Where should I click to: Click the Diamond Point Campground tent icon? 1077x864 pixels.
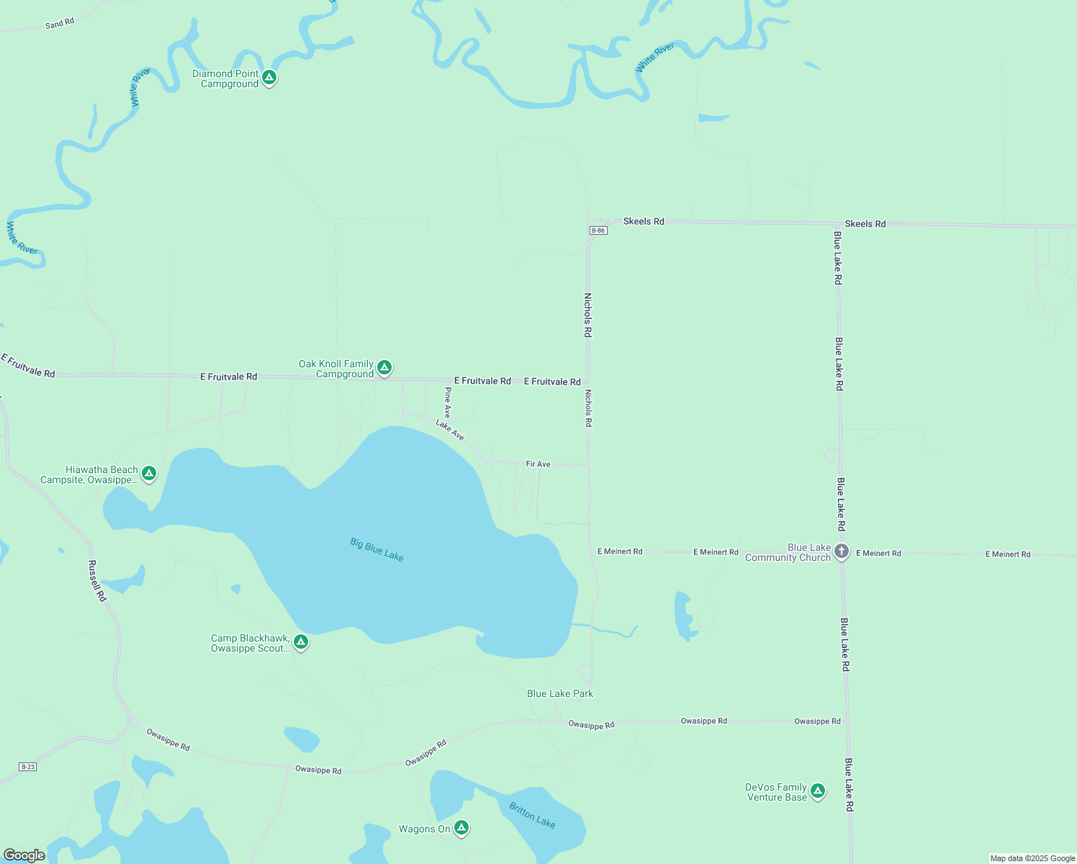click(x=269, y=77)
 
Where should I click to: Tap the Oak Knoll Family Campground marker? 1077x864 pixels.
click(x=384, y=368)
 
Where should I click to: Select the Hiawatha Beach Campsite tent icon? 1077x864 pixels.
click(x=149, y=473)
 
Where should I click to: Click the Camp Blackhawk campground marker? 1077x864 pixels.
click(x=301, y=642)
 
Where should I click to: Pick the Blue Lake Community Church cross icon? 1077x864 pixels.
click(x=842, y=552)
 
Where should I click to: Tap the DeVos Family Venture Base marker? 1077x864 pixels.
click(x=817, y=791)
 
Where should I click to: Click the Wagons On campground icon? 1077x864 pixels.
click(x=461, y=828)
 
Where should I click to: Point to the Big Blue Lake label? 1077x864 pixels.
click(x=377, y=549)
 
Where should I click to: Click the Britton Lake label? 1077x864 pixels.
click(x=532, y=815)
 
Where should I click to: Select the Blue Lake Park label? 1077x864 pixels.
click(x=560, y=693)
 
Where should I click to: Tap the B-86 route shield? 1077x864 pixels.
click(x=598, y=230)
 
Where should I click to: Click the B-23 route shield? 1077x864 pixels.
click(x=27, y=767)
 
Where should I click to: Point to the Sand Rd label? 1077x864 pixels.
click(x=60, y=24)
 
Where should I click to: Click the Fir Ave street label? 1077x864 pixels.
click(x=538, y=464)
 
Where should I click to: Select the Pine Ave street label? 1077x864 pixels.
click(x=447, y=402)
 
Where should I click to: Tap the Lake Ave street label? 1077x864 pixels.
click(x=450, y=431)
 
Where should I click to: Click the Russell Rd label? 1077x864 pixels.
click(x=97, y=580)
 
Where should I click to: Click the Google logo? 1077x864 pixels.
click(x=24, y=855)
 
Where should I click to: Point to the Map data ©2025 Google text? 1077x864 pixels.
click(x=1032, y=858)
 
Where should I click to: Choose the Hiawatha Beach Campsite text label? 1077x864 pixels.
click(x=89, y=474)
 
